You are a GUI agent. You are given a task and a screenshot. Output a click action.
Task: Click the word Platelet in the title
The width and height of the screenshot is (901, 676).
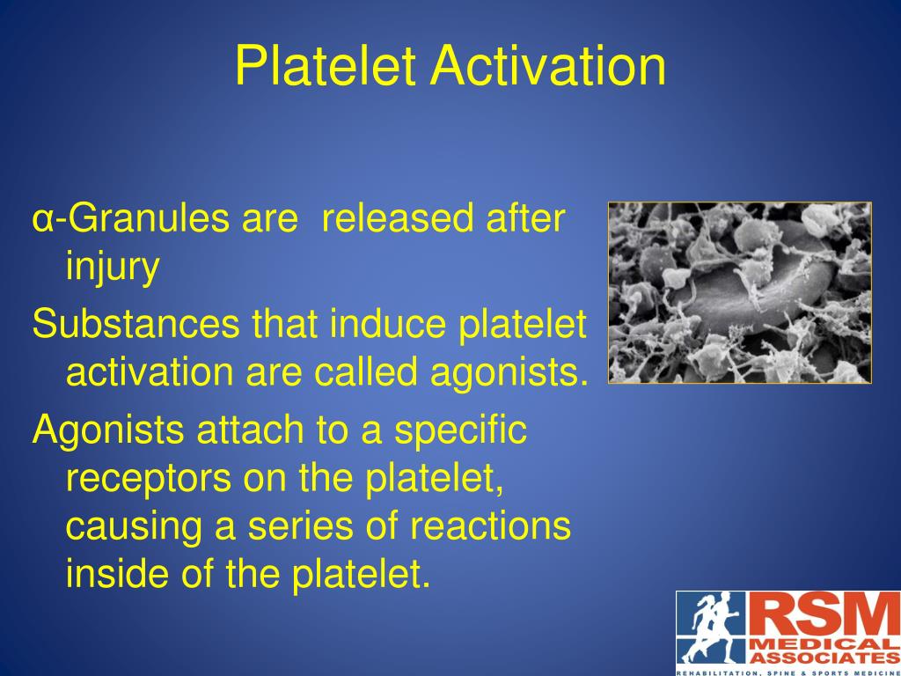click(x=326, y=68)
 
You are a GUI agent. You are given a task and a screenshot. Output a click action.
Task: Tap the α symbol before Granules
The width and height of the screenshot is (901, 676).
click(x=40, y=220)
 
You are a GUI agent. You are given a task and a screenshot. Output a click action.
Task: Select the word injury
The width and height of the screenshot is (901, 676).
click(x=113, y=268)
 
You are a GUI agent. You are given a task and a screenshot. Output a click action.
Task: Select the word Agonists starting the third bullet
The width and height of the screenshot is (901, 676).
click(x=107, y=430)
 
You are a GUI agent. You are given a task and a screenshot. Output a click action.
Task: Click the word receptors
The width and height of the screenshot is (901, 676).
click(x=147, y=478)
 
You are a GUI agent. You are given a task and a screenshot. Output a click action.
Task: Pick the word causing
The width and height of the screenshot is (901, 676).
click(x=132, y=526)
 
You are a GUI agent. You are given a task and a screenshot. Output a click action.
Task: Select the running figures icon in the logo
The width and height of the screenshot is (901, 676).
click(x=711, y=627)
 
